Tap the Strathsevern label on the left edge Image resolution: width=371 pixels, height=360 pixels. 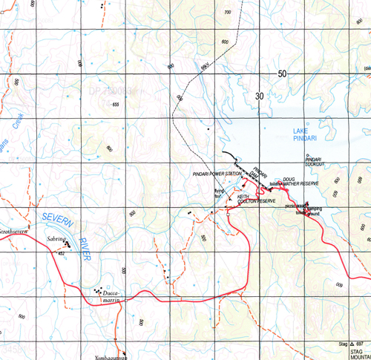pos(15,231)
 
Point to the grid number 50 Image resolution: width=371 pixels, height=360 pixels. pos(282,74)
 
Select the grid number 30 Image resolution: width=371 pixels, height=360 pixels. pos(257,96)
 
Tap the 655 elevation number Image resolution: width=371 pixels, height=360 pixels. pos(115,105)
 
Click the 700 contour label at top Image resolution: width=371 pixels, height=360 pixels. pos(227,13)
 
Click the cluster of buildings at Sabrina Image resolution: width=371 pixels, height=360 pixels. pos(68,243)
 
